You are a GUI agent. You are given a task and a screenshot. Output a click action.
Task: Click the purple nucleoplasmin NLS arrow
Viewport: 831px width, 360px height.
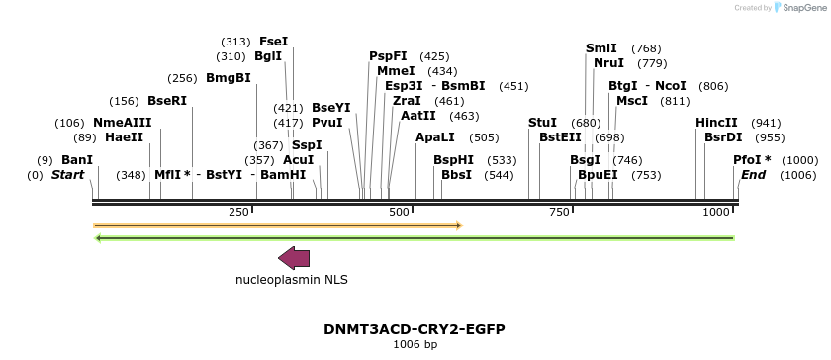(x=294, y=258)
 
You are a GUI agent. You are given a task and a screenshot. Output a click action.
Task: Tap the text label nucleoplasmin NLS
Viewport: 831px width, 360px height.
(x=291, y=280)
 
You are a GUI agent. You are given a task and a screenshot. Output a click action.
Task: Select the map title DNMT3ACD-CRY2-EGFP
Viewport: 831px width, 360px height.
(x=415, y=329)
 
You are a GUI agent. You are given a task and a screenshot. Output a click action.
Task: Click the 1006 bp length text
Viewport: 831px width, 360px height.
(x=415, y=345)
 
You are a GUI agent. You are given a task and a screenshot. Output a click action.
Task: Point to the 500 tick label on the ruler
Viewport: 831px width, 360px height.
(x=400, y=213)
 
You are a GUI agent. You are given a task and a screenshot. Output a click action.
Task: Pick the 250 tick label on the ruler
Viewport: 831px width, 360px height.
(x=238, y=213)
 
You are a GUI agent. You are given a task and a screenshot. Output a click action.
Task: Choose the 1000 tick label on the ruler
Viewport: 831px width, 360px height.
(x=717, y=213)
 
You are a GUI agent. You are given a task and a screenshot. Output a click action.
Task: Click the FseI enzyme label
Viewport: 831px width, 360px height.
(x=273, y=42)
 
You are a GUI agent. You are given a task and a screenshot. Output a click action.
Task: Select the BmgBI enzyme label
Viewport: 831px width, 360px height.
(x=228, y=78)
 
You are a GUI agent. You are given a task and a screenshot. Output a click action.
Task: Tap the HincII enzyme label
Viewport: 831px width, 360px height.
(x=716, y=123)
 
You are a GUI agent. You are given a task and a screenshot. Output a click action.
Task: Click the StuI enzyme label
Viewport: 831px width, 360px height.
(x=542, y=123)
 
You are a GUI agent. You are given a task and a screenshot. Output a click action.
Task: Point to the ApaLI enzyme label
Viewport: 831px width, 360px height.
(x=435, y=137)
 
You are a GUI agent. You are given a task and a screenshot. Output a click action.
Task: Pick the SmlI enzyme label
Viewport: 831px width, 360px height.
(x=601, y=48)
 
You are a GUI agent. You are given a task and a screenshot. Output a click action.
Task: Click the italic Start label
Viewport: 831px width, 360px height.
(x=68, y=175)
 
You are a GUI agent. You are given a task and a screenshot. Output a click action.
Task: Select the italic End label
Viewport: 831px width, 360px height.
(x=753, y=175)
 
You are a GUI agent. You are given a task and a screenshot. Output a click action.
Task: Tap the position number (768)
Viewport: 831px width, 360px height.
(x=646, y=48)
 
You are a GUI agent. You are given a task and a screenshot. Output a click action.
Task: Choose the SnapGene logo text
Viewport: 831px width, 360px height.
(x=802, y=8)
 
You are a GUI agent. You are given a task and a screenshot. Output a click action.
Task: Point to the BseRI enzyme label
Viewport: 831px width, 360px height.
(x=167, y=101)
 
